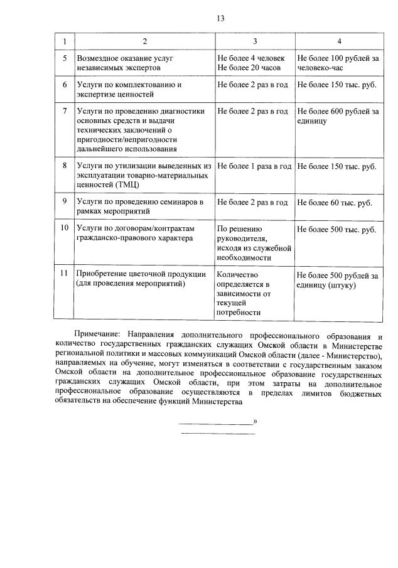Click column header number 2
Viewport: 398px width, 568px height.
pos(145,41)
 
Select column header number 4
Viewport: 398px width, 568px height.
pos(339,41)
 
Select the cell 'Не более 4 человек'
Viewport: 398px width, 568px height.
pos(251,58)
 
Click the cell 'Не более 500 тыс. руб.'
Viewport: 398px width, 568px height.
pos(336,229)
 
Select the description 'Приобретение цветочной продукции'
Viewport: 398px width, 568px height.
pos(141,274)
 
